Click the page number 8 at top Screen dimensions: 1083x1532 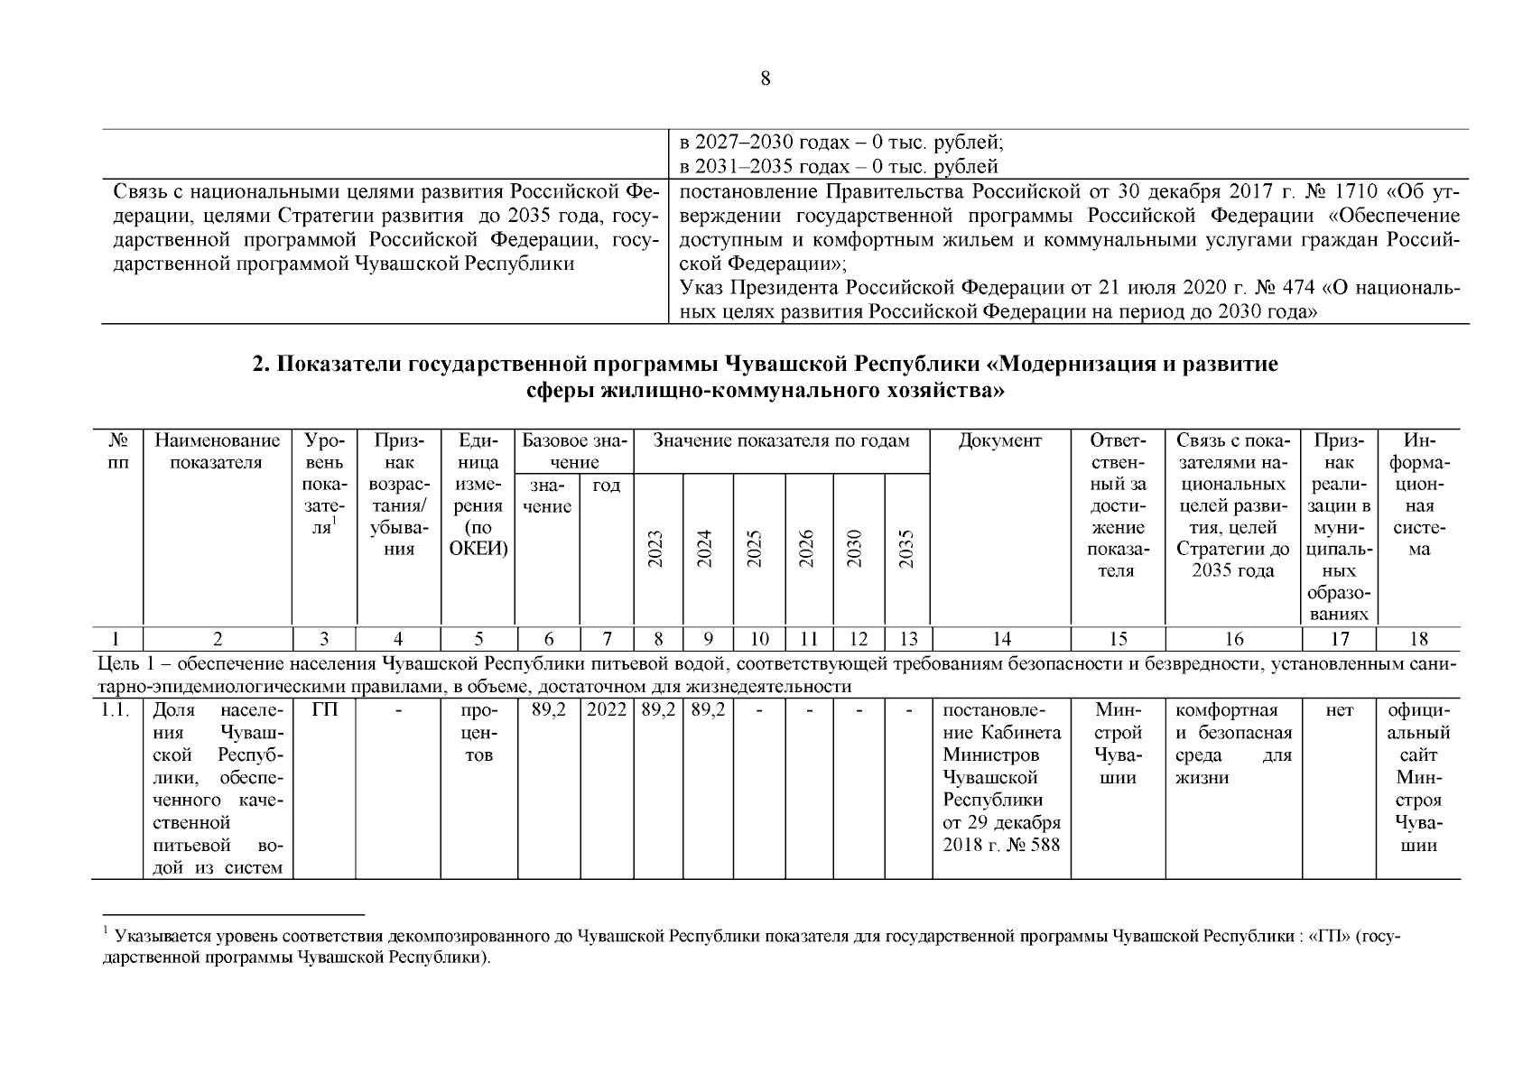coord(766,79)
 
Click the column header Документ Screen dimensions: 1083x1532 coord(999,441)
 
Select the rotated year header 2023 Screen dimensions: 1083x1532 coord(657,549)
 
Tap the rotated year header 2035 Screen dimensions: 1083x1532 coord(908,549)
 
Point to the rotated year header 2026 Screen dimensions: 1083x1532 coord(808,549)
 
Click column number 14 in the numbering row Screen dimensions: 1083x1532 coord(1001,639)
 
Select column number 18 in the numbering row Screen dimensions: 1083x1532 coord(1418,639)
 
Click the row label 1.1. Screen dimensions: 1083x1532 coord(116,710)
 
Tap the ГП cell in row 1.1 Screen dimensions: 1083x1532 coord(324,710)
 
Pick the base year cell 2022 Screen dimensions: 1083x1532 coord(607,710)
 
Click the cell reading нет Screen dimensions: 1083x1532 coord(1340,710)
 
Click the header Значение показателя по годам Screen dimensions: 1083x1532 coord(781,441)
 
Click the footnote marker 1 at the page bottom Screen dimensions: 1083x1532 coord(106,930)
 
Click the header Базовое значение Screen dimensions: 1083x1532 coord(574,452)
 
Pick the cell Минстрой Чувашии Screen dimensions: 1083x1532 coord(1117,744)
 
